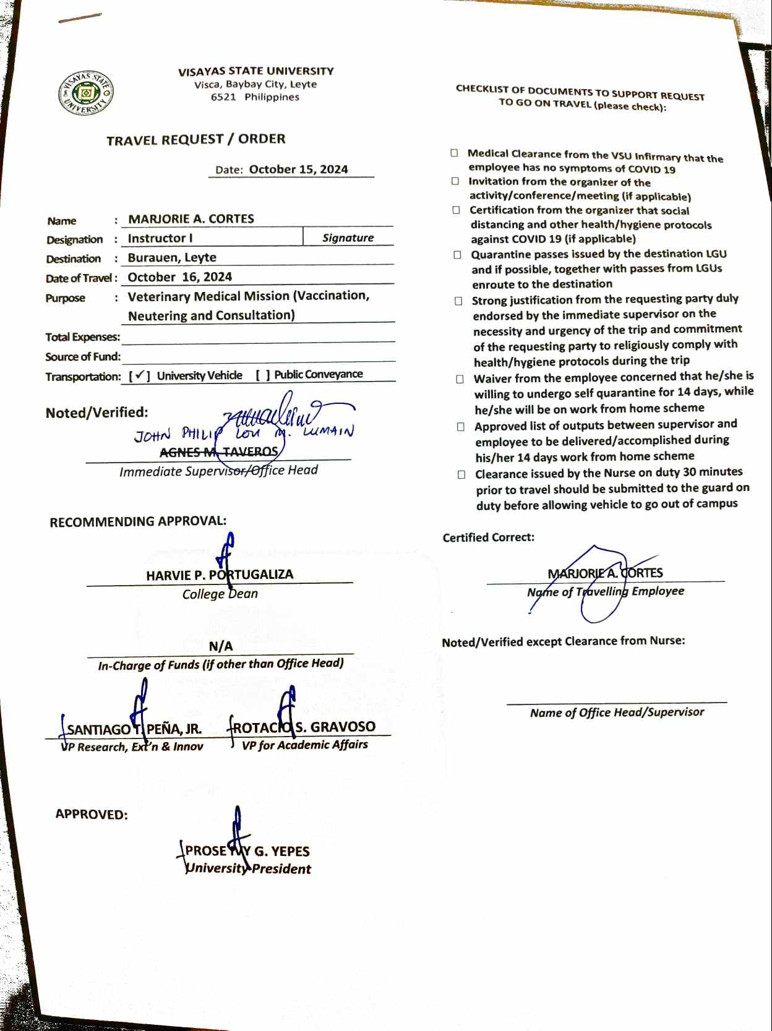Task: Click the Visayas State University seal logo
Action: click(87, 93)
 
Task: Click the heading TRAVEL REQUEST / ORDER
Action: click(195, 140)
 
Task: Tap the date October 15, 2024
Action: click(298, 169)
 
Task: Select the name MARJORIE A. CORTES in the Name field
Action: click(191, 219)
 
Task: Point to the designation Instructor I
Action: click(160, 238)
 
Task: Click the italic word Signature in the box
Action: click(348, 237)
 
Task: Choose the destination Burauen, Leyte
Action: click(172, 257)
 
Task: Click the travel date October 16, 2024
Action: click(179, 277)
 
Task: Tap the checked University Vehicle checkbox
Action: click(140, 375)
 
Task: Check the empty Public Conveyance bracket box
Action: click(263, 375)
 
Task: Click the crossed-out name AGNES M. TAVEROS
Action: click(218, 452)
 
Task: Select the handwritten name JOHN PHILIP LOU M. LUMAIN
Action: click(244, 434)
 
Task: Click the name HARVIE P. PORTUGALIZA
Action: click(220, 575)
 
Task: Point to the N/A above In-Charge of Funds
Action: click(221, 646)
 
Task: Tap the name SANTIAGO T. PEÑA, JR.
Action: click(134, 729)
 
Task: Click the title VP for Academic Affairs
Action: click(305, 745)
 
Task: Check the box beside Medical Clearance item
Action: click(455, 153)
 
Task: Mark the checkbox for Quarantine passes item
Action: click(457, 254)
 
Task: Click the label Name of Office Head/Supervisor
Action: click(617, 712)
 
